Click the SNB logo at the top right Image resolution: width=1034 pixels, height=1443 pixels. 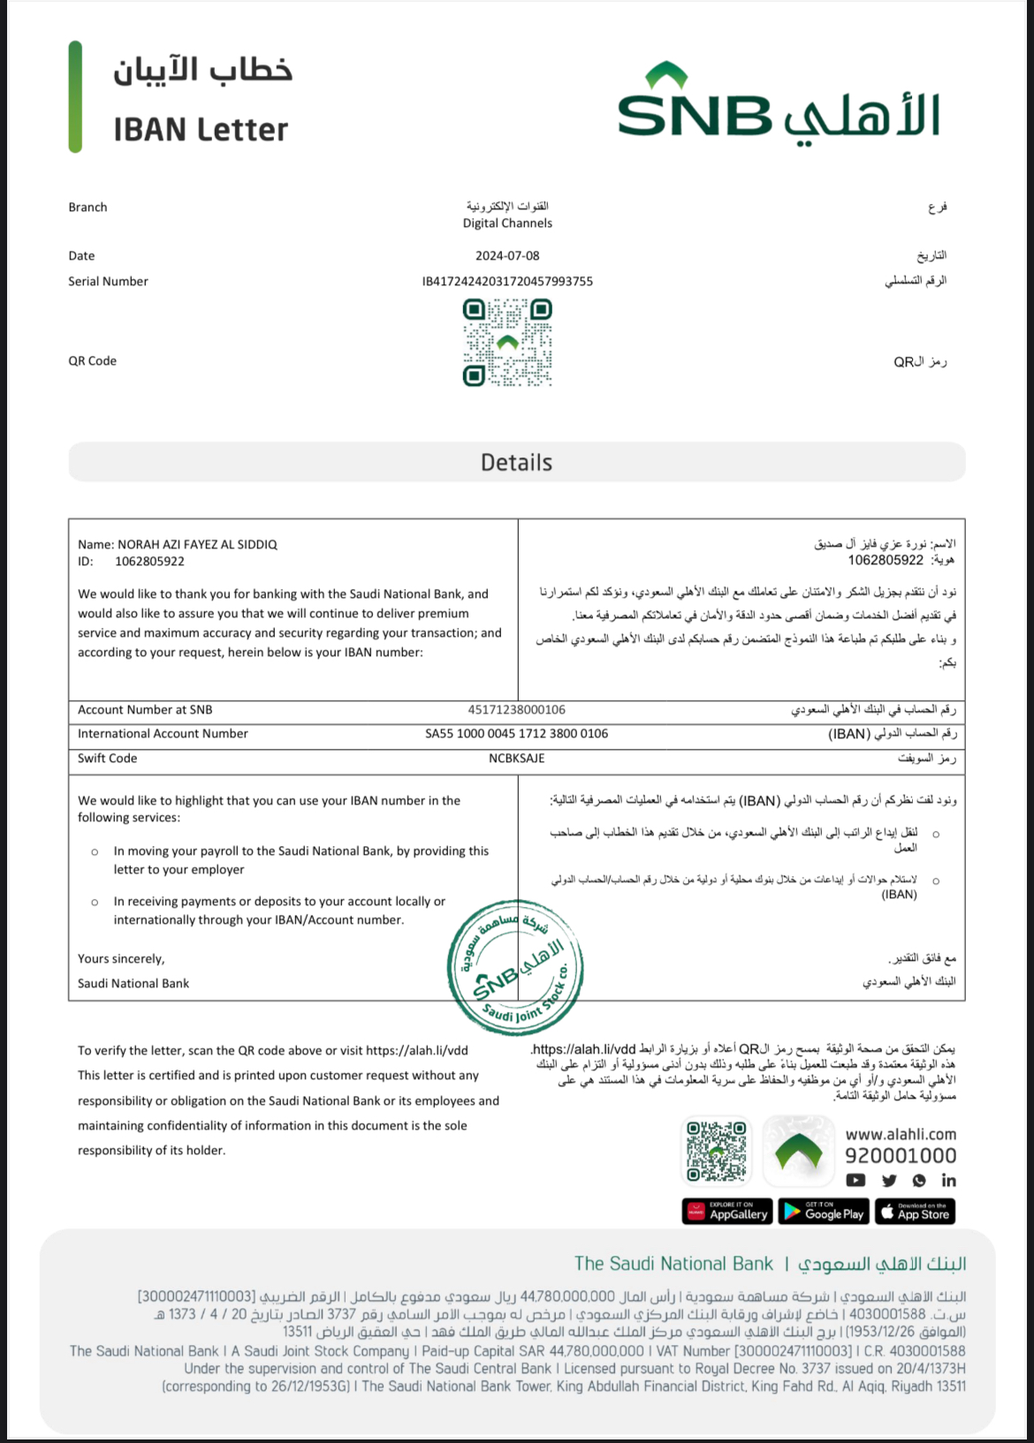tap(778, 104)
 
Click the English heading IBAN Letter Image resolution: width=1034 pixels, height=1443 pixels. tap(201, 131)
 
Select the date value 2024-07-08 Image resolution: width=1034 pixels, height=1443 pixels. tap(507, 256)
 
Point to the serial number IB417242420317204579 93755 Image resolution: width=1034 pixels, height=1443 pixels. tap(507, 282)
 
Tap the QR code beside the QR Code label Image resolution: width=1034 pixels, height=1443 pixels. tap(507, 343)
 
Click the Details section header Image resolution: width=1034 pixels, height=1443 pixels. tap(516, 463)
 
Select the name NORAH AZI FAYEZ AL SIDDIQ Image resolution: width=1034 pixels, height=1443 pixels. tap(197, 545)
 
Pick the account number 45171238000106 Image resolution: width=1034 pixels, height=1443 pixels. tap(516, 710)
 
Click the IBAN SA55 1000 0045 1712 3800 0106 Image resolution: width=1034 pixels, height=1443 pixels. tap(516, 734)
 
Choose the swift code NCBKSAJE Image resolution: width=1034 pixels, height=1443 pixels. tap(516, 759)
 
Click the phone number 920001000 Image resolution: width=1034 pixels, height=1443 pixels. tap(900, 1156)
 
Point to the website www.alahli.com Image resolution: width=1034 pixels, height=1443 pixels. tap(900, 1135)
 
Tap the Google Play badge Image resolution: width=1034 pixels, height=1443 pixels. tap(824, 1212)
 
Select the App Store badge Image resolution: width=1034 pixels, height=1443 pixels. tap(915, 1212)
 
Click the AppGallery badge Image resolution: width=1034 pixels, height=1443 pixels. tap(727, 1212)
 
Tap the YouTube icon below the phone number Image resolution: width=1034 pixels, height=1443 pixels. tap(855, 1181)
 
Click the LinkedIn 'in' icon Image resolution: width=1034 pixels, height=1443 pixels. tap(948, 1181)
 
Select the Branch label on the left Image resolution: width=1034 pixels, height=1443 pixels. tap(87, 208)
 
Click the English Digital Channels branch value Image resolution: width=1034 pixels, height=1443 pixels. tap(507, 223)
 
